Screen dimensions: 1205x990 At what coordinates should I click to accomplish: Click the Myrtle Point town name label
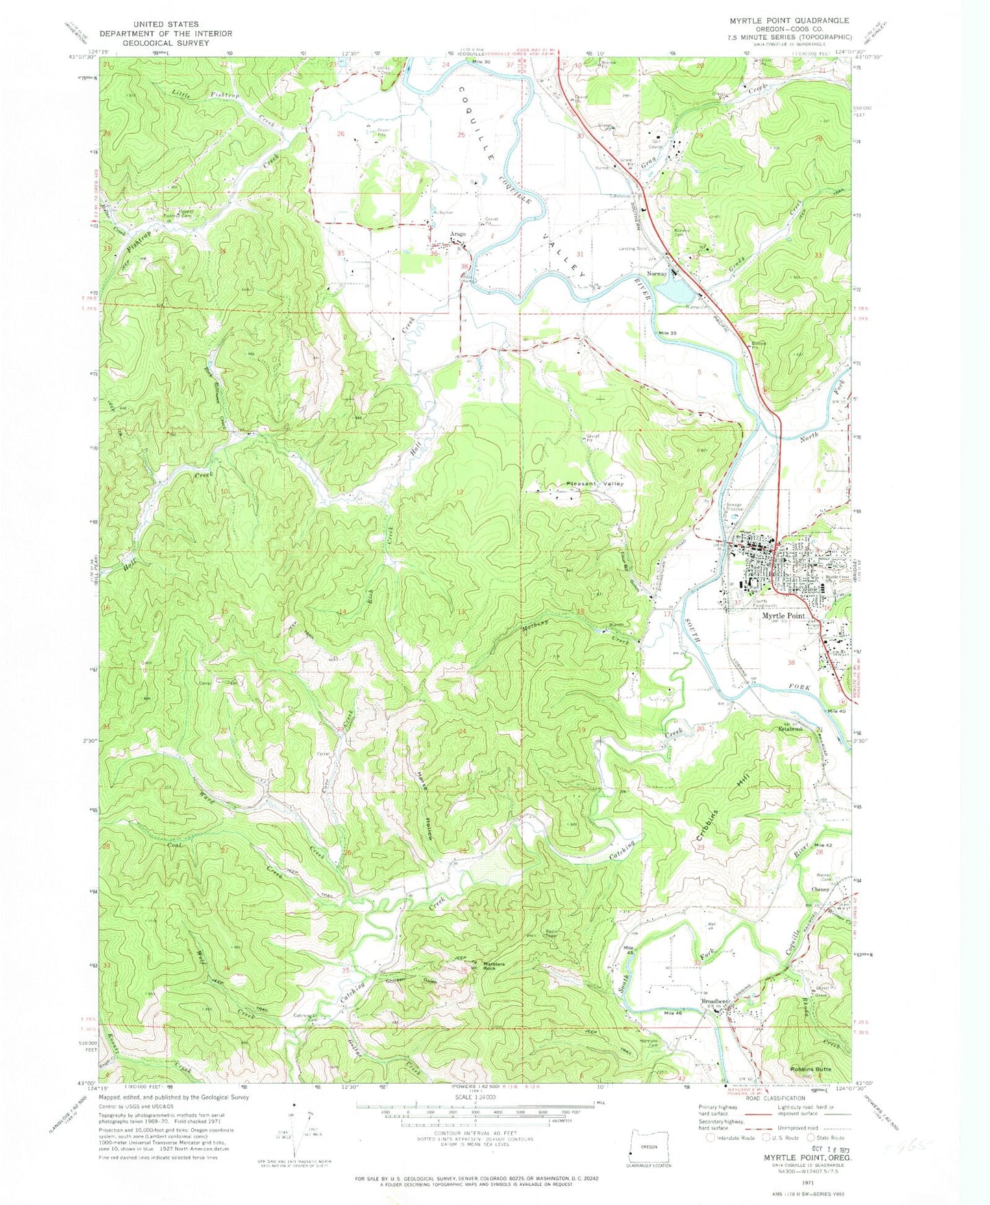(x=783, y=616)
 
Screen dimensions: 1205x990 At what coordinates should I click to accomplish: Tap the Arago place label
(x=458, y=234)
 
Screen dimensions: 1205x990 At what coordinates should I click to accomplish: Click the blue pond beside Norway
(x=674, y=293)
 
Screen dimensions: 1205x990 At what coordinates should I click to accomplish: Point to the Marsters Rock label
(x=494, y=966)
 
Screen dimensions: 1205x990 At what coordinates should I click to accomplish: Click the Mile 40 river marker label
(x=838, y=711)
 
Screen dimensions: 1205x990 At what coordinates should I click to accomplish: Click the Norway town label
(x=657, y=273)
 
